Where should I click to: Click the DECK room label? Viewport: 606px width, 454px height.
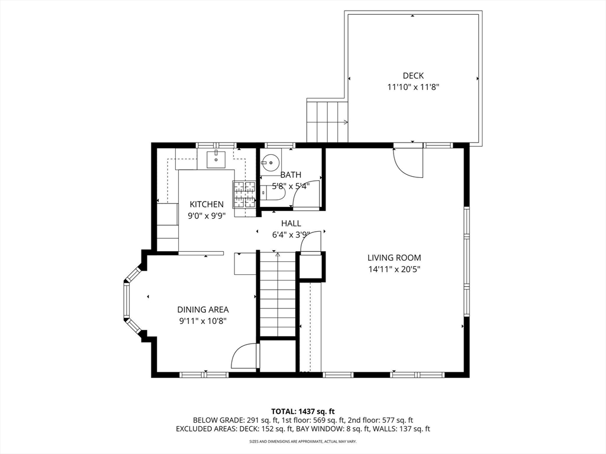point(413,76)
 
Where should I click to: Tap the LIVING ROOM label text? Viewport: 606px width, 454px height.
point(394,258)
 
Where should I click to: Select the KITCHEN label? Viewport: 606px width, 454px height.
point(207,204)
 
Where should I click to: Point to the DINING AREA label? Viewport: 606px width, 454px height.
point(203,309)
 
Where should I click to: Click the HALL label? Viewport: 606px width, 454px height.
point(291,223)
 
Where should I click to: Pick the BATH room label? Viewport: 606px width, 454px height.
point(291,175)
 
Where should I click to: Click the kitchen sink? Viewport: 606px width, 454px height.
point(216,159)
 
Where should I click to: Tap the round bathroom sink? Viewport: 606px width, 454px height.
point(269,163)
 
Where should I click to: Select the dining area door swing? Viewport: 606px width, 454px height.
point(244,356)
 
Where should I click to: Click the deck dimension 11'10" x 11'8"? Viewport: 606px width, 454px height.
point(414,87)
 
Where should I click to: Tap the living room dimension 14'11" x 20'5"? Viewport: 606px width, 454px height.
point(394,269)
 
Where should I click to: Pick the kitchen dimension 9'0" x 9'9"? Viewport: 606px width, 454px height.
point(207,216)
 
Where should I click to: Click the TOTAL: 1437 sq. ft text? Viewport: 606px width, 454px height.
point(300,411)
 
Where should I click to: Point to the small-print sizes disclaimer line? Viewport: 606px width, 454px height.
point(302,441)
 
